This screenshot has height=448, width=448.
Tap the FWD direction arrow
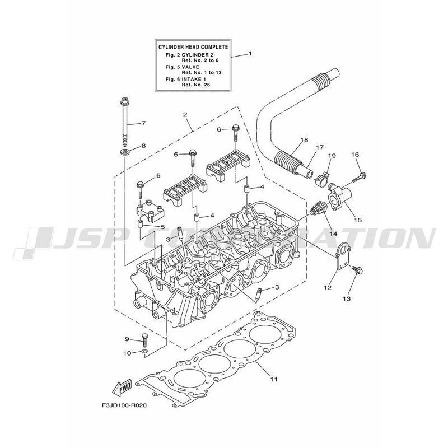122,386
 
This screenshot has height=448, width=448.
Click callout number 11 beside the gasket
274,379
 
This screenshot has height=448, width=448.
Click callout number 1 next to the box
250,54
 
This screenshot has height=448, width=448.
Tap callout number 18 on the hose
304,140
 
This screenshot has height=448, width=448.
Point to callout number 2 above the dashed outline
185,115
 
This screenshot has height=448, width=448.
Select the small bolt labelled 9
144,339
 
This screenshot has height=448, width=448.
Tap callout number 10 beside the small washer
127,353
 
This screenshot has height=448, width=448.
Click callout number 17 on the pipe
320,148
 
